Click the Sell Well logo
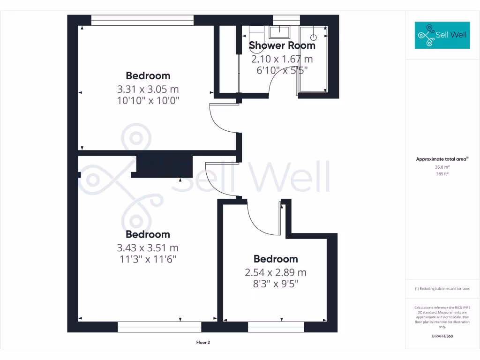(x=442, y=35)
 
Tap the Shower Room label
(x=282, y=45)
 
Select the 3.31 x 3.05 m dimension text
(x=148, y=89)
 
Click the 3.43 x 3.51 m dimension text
(x=148, y=247)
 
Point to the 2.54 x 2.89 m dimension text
(x=276, y=272)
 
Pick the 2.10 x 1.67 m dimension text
(x=282, y=59)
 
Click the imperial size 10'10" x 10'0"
(x=148, y=100)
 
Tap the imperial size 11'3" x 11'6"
(x=148, y=259)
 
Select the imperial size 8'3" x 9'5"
(x=276, y=284)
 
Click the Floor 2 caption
(x=203, y=343)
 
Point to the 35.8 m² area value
(x=442, y=167)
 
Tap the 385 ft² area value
(x=442, y=174)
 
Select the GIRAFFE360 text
(x=442, y=336)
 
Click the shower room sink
(x=280, y=31)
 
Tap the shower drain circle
(x=314, y=37)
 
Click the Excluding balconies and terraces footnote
(x=442, y=289)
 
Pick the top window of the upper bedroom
(x=142, y=20)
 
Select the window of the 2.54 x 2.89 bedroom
(x=276, y=327)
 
